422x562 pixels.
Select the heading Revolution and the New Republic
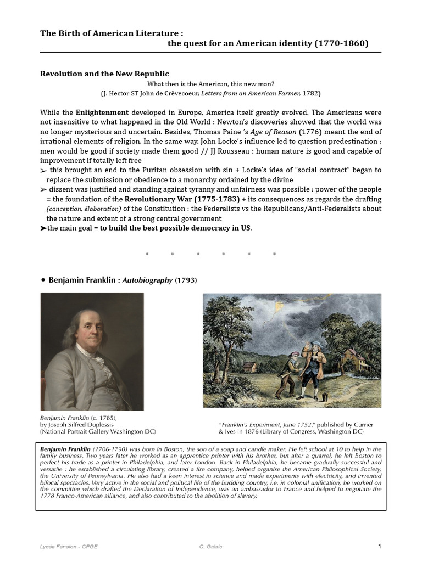coord(104,74)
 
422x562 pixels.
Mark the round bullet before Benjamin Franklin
coord(42,280)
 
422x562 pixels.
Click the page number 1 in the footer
coord(379,546)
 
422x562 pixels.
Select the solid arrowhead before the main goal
coord(43,228)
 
